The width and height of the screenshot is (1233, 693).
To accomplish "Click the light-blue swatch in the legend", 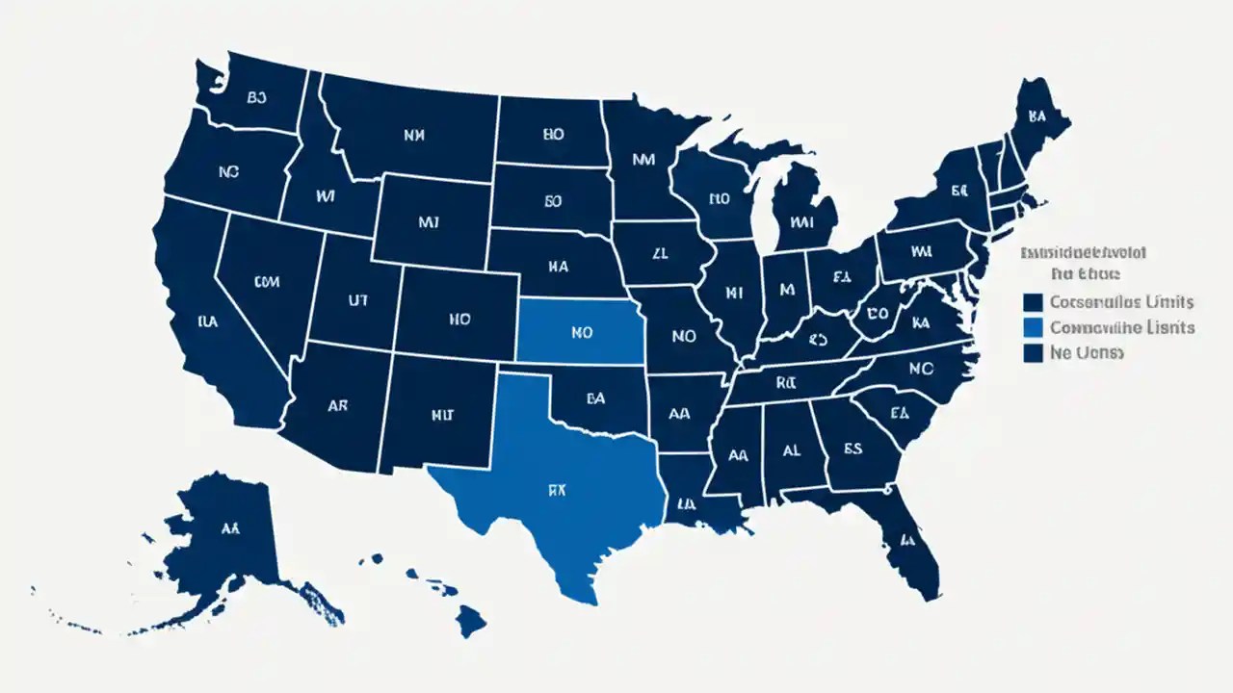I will click(x=1033, y=328).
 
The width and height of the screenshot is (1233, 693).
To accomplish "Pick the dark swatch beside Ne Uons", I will click(x=1033, y=353).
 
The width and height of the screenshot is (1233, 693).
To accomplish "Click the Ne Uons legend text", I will click(x=1087, y=353).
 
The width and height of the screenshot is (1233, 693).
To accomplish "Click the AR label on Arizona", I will click(x=337, y=406).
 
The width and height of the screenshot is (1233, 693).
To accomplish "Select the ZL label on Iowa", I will click(x=659, y=254).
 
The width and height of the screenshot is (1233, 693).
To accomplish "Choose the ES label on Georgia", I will click(x=853, y=448).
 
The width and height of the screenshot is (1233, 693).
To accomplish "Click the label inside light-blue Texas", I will click(x=559, y=490).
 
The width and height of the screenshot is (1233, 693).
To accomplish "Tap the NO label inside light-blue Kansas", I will click(x=581, y=333).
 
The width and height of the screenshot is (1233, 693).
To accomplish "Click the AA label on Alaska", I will click(x=229, y=528).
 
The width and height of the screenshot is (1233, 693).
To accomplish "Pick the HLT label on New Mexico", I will click(x=441, y=417).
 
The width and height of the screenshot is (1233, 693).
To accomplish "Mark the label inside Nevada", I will click(x=266, y=282).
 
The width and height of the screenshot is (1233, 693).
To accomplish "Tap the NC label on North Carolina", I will click(x=922, y=368).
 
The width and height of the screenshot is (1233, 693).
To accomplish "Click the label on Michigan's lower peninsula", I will click(x=801, y=221).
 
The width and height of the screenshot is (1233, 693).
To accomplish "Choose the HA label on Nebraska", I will click(x=559, y=267).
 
